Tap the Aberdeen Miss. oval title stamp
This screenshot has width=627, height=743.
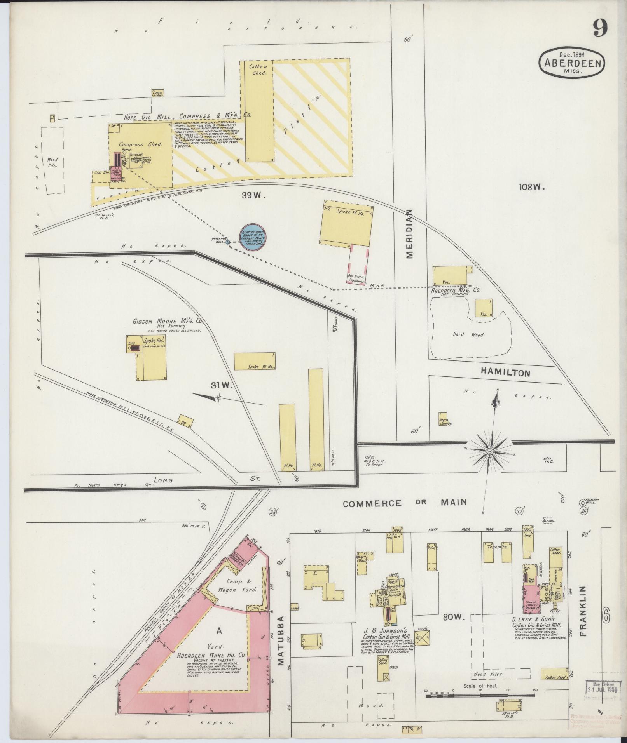click(x=572, y=63)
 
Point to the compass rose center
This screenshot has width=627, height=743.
click(x=491, y=452)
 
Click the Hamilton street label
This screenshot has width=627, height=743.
click(x=505, y=372)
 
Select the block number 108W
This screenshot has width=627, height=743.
click(x=531, y=187)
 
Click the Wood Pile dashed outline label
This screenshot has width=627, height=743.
click(x=52, y=162)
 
